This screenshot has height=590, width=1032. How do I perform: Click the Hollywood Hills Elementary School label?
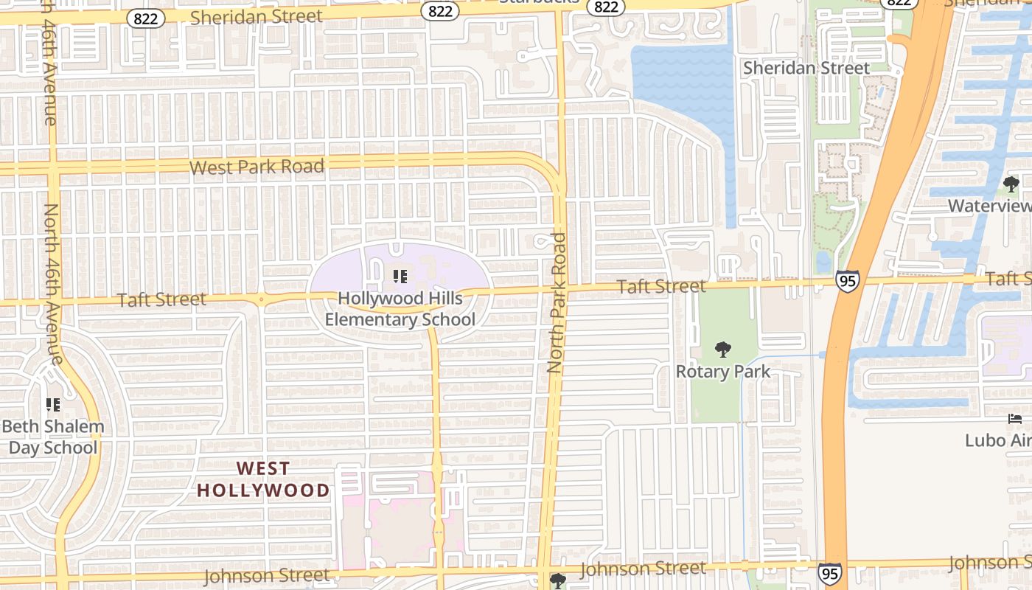coord(400,309)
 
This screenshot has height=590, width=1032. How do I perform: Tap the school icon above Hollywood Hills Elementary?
coord(400,277)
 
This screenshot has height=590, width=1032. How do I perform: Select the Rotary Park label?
coord(723,371)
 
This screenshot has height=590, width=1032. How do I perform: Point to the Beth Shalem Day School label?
coord(53,437)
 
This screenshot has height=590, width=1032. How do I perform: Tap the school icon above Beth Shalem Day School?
coord(53,404)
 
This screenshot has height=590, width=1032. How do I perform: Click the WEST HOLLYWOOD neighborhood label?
coord(263,479)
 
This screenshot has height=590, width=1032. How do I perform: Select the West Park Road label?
coord(257,167)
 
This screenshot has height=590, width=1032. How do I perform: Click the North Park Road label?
coord(557,302)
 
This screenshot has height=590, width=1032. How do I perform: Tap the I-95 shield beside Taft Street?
coord(847,280)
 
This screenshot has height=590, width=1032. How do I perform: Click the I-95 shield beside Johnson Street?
coord(829,573)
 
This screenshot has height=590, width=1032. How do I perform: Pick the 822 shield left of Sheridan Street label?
coord(146,18)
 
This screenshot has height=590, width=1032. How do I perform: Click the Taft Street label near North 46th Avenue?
coord(161,299)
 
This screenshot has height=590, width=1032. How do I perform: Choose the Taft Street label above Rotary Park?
coord(661,286)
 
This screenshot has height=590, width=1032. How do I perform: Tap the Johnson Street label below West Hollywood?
coord(267,575)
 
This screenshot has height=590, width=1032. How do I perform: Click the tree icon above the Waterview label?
coord(1011,184)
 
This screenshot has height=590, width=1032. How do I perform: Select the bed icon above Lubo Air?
coord(1015,419)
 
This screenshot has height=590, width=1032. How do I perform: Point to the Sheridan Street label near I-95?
coord(806,68)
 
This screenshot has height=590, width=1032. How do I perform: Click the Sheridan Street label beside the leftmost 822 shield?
coord(257,16)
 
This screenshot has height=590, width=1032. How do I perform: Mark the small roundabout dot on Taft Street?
coord(261,299)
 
